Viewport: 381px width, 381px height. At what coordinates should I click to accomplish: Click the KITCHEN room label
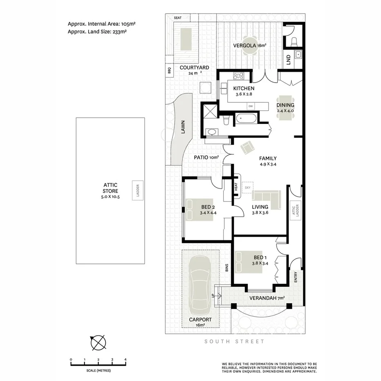(x=244, y=88)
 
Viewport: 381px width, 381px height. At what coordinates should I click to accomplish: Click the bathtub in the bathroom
(x=246, y=119)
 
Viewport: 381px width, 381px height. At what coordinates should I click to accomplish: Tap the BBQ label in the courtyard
(x=169, y=71)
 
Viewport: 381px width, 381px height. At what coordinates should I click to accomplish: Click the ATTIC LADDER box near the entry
(x=295, y=211)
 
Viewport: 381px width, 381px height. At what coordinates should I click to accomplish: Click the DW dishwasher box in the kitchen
(x=251, y=106)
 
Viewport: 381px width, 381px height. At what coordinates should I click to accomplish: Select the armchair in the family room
(x=247, y=148)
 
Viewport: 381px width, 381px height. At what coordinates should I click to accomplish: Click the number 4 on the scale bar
(x=126, y=360)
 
